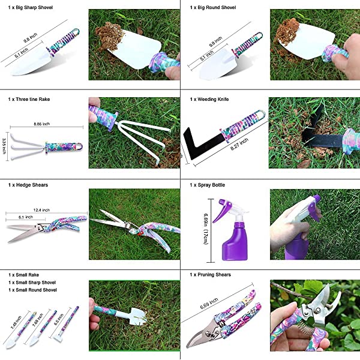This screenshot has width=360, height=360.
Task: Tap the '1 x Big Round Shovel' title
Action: point(213,8)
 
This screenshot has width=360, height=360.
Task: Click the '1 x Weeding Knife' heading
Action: point(209,98)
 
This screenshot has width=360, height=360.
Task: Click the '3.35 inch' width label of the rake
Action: point(5,146)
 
